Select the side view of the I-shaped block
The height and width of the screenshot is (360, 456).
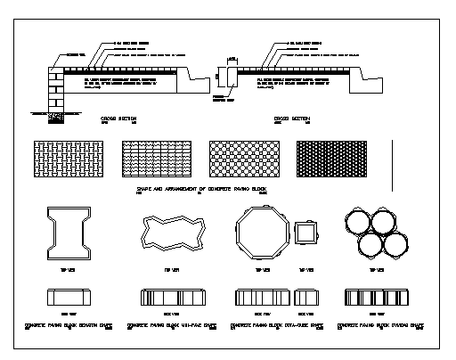pos(70,297)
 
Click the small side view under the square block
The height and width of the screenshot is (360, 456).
pos(305,298)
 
